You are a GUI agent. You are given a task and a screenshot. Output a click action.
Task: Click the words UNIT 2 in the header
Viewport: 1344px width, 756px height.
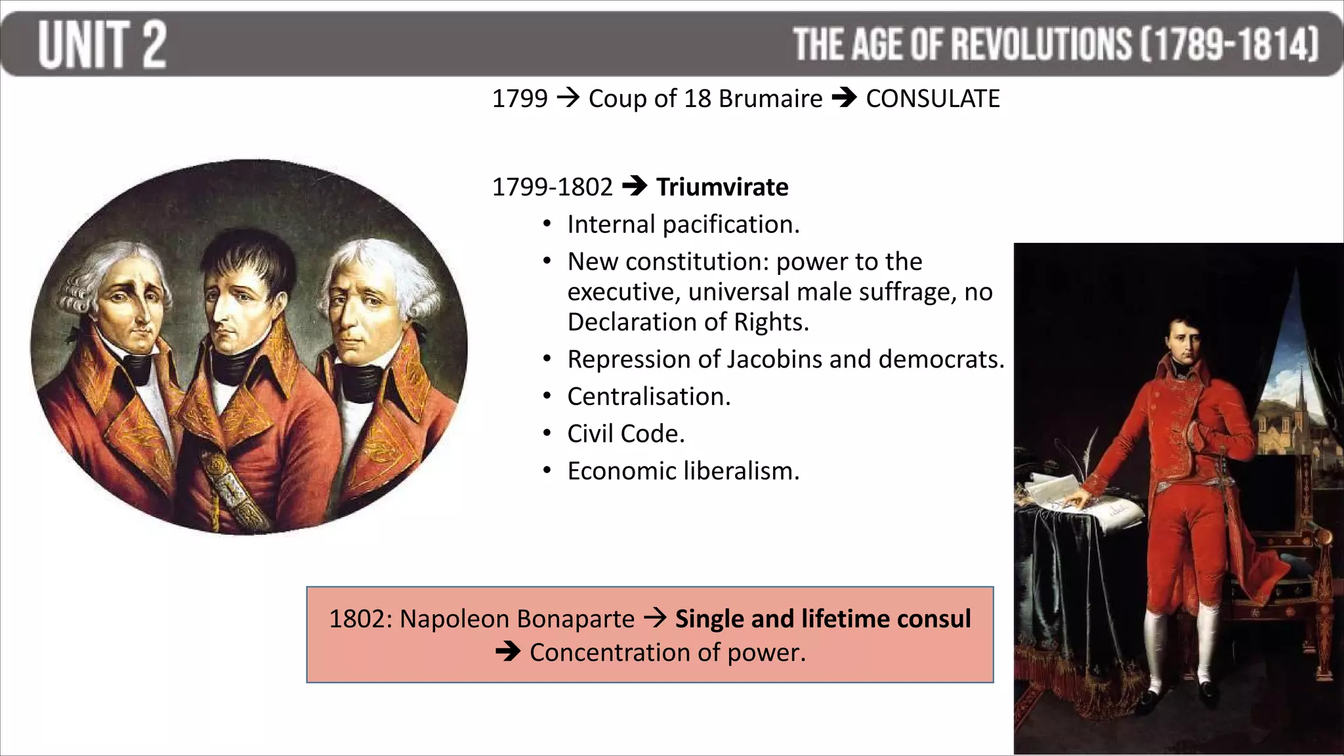[102, 44]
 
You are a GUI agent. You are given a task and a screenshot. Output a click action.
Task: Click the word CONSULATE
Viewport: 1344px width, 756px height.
[933, 98]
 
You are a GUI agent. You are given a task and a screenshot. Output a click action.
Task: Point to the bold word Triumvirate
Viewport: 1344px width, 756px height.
[722, 187]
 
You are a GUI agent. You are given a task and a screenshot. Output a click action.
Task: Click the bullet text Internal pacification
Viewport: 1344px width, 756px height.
[683, 224]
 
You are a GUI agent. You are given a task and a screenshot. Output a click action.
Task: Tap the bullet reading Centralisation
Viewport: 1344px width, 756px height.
[648, 396]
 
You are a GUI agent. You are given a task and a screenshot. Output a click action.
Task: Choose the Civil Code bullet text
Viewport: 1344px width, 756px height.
[625, 434]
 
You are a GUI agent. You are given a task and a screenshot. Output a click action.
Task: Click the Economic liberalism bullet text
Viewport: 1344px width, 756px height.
[683, 471]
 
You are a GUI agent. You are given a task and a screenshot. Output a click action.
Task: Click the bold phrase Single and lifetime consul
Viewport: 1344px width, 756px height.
[822, 619]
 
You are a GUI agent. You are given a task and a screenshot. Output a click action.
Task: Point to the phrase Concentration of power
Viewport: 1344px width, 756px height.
[667, 652]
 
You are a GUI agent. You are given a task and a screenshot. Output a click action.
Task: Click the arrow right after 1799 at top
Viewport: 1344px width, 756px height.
[568, 98]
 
